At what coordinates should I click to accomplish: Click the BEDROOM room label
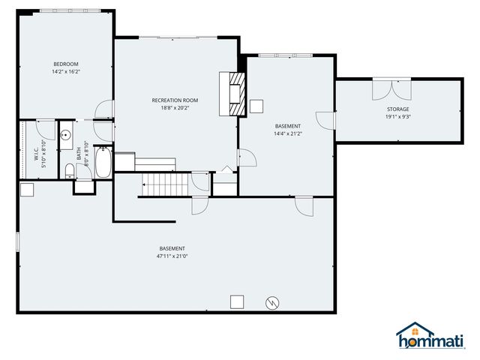(65, 64)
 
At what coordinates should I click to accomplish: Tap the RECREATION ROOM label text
(175, 100)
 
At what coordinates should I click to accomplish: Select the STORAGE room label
(397, 109)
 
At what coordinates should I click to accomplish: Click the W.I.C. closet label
(36, 154)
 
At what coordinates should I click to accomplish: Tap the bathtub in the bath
(103, 163)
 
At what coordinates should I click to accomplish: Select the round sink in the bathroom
(66, 136)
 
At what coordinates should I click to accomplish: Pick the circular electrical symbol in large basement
(272, 303)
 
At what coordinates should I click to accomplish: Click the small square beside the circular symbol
(236, 301)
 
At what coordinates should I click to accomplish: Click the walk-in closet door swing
(45, 127)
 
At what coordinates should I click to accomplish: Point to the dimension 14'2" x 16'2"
(65, 73)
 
